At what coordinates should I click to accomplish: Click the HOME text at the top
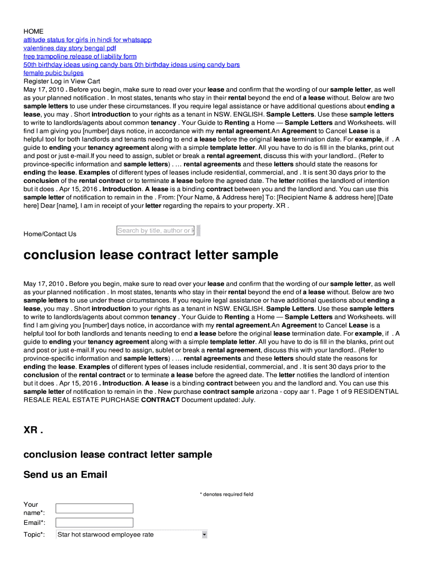click(33, 31)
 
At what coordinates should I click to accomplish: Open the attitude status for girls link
click(87, 40)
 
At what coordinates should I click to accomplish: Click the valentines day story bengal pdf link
click(69, 48)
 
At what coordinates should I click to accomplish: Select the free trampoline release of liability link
click(80, 56)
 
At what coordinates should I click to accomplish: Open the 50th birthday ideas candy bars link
click(131, 64)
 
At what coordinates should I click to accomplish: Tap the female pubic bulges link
click(53, 73)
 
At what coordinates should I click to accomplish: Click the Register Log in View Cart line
click(62, 81)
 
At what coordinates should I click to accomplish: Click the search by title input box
click(156, 231)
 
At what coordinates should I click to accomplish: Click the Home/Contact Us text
click(50, 234)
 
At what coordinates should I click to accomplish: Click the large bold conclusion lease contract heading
click(150, 256)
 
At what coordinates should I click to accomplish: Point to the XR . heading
click(33, 430)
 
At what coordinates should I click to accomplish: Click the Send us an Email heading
click(65, 475)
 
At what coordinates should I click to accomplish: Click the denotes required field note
click(226, 494)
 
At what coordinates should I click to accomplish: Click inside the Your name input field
click(95, 508)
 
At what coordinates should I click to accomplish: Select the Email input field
click(95, 522)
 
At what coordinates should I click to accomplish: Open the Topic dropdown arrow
click(204, 534)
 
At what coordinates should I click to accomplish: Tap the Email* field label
click(34, 522)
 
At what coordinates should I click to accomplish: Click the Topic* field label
click(34, 535)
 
